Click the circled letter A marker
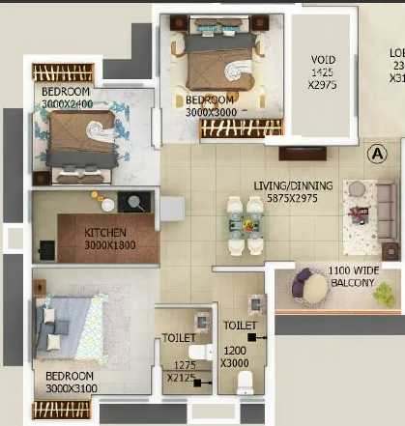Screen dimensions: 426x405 point(377,154)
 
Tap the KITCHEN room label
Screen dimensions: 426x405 point(105,233)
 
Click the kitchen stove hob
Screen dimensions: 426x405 point(132,202)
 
